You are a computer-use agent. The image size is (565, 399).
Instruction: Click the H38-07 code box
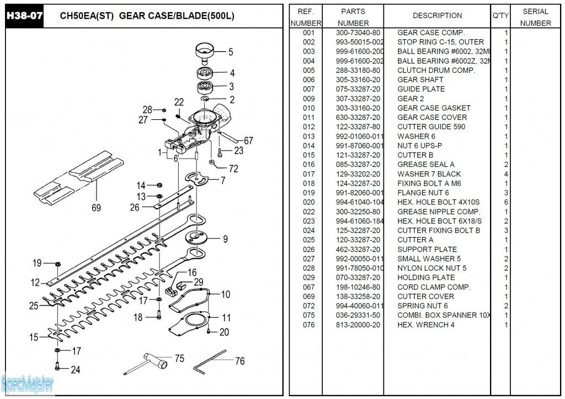tap(24, 15)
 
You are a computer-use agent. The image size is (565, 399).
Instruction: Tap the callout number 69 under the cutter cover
tap(96, 208)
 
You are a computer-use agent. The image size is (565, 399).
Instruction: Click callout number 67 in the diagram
tap(248, 140)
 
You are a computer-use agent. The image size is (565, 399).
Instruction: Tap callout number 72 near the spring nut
tap(233, 169)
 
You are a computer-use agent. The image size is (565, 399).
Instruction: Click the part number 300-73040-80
tap(358, 33)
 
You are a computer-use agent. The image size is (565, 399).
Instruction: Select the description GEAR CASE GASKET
tap(434, 108)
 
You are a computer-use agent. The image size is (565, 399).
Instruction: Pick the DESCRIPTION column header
tap(437, 15)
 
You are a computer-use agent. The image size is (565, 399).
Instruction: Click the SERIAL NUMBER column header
tap(535, 17)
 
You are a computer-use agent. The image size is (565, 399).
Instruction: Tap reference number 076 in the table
tap(308, 324)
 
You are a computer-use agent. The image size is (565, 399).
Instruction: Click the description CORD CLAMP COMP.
tap(434, 287)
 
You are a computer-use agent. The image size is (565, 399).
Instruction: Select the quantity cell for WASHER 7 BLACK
tap(506, 174)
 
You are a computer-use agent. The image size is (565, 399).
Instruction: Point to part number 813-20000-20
tap(358, 324)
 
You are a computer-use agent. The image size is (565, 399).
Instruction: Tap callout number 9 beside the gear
tap(225, 239)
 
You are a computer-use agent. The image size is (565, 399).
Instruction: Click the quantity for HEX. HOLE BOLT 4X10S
tap(506, 202)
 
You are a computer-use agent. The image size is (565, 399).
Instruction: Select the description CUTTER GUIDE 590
tap(431, 127)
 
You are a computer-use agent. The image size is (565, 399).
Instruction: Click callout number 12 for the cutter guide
tap(35, 282)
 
